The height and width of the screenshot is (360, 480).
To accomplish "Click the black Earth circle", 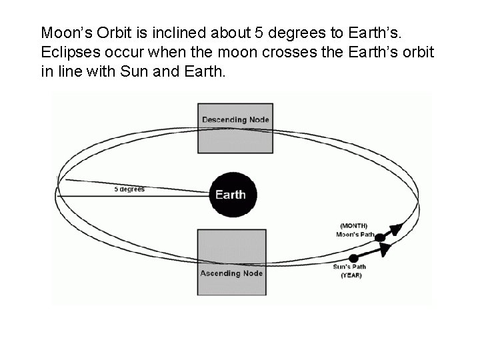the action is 231,195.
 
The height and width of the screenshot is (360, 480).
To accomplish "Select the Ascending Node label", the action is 231,273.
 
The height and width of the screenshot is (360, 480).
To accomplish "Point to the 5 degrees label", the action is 129,189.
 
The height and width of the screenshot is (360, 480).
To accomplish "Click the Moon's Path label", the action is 353,234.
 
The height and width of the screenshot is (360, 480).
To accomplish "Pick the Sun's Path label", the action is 350,267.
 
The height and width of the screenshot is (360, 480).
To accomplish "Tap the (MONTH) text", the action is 353,225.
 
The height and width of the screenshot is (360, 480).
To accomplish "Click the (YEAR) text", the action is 351,275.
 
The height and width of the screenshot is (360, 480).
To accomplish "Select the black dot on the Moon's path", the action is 381,235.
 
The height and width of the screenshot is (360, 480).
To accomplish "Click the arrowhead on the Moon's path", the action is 396,229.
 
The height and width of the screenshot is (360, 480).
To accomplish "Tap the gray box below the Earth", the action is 231,261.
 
